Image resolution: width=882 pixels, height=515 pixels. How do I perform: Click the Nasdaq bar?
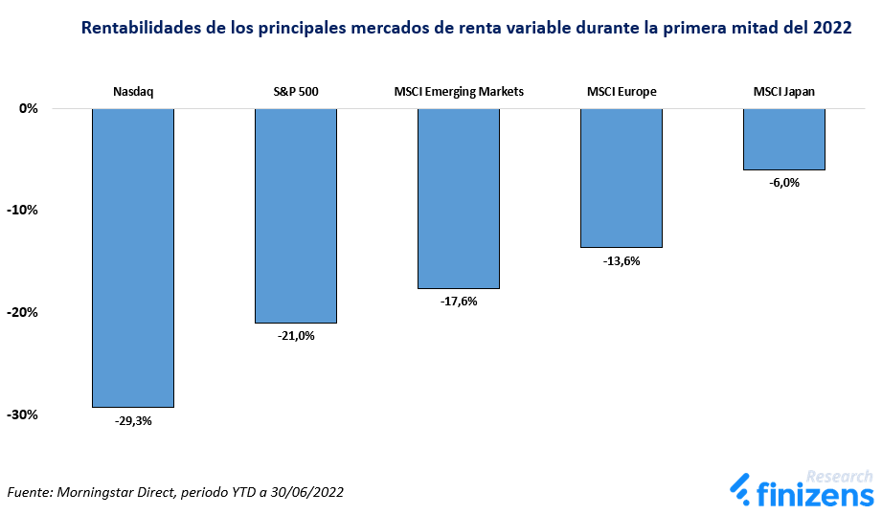click(133, 257)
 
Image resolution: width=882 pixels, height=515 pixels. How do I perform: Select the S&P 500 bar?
click(296, 215)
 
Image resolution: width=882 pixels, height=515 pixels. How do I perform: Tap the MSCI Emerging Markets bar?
click(459, 198)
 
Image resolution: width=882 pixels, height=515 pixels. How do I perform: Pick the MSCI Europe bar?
click(622, 178)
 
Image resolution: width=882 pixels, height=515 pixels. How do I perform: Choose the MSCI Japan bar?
click(784, 139)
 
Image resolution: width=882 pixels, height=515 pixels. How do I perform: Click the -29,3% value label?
click(133, 420)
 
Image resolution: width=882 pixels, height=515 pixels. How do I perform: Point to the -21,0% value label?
click(296, 336)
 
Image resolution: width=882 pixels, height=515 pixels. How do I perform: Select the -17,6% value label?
click(459, 302)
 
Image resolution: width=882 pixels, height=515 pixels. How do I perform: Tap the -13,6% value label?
click(622, 261)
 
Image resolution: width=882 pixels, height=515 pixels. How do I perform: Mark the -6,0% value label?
click(784, 183)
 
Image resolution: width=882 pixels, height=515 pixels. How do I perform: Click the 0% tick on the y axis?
click(29, 108)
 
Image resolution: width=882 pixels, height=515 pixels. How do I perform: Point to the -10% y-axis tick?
click(22, 211)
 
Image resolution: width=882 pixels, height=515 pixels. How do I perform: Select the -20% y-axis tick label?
click(22, 313)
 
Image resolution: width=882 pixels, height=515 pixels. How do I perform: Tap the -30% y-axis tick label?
click(22, 414)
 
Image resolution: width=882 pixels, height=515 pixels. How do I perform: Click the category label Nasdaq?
click(133, 92)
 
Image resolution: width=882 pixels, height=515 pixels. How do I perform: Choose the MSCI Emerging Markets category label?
click(459, 92)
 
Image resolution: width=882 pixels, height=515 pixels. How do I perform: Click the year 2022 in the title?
click(832, 28)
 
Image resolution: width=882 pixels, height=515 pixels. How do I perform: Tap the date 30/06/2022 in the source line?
click(306, 493)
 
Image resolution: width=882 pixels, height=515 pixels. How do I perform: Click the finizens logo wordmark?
click(815, 494)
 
